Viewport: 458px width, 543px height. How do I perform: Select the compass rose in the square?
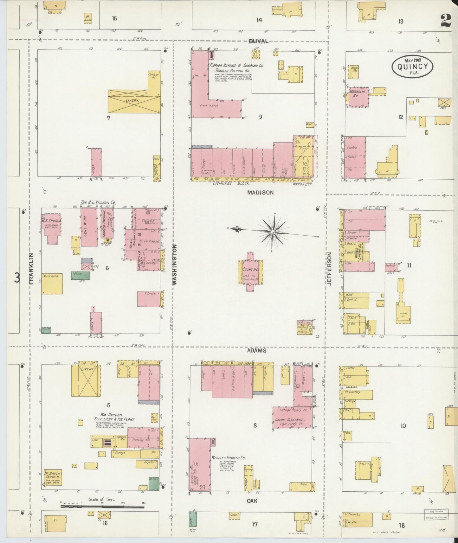pos(273,233)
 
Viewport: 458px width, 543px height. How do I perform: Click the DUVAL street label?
pos(258,41)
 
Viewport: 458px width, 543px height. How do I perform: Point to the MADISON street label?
pos(260,192)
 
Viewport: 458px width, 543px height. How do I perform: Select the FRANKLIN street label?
pos(32,268)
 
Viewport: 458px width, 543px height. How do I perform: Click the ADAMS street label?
pos(257,351)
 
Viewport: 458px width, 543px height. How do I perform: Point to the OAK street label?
pos(252,501)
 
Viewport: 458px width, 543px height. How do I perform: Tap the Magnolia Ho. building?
pos(358,96)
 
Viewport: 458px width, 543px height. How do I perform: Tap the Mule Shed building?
pos(52,284)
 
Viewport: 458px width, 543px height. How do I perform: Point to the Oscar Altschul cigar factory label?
pos(292,420)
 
